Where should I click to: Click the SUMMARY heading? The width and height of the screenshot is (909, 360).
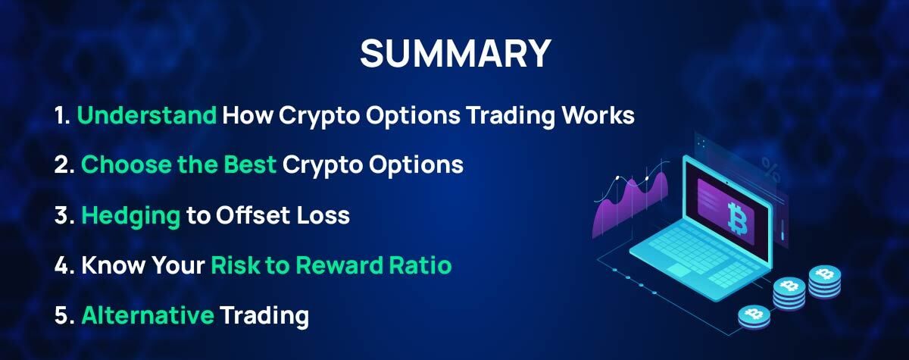pos(454,54)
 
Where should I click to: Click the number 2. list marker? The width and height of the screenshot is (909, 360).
pos(64,164)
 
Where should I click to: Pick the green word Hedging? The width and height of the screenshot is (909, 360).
pos(130,216)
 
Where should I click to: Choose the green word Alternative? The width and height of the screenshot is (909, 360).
pos(147,315)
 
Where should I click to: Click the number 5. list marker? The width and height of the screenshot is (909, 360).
pos(64,315)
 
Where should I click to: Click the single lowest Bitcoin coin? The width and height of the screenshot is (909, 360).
pos(754,315)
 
